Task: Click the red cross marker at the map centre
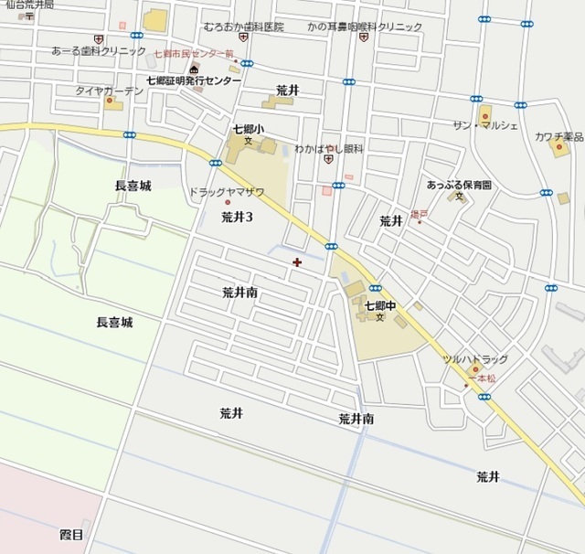point(297,262)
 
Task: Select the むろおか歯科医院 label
point(243,27)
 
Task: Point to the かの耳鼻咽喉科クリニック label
point(365,27)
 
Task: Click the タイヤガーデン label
point(109,91)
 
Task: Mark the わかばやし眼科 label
point(327,147)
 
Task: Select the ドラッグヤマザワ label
point(226,192)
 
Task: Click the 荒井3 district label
point(237,218)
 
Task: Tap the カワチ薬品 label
point(558,137)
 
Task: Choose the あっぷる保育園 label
point(459,185)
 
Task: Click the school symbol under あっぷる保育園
point(460,197)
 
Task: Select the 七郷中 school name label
point(379,305)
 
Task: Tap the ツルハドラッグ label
point(474,359)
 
